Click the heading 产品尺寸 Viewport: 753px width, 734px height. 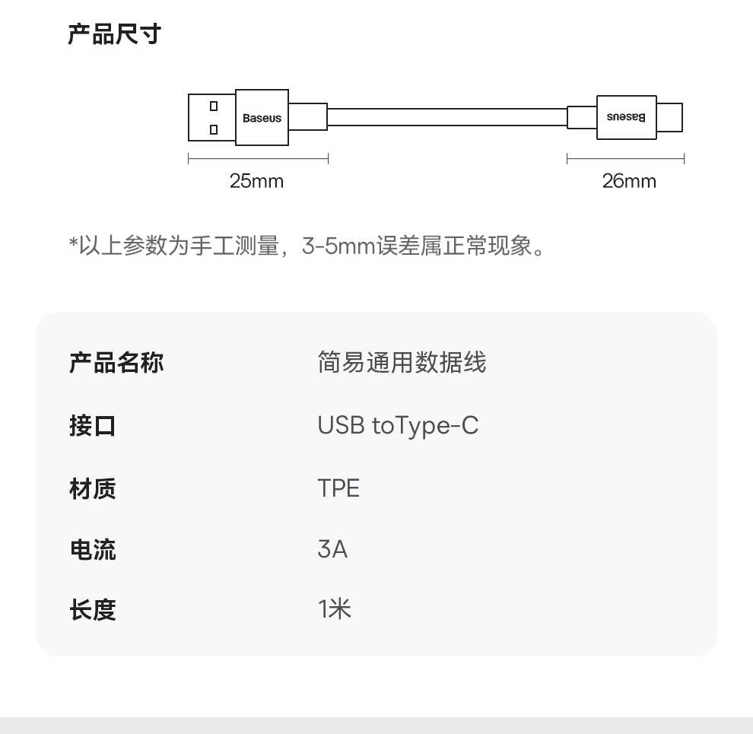click(x=114, y=35)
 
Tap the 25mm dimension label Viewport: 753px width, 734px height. click(x=256, y=181)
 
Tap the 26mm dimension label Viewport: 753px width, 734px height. click(x=628, y=181)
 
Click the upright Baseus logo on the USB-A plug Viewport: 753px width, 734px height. click(x=262, y=118)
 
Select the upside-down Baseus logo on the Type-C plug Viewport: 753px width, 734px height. click(x=626, y=117)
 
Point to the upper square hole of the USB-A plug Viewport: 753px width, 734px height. click(x=214, y=106)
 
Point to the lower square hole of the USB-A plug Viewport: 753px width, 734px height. click(x=214, y=129)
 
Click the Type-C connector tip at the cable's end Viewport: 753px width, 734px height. click(x=669, y=117)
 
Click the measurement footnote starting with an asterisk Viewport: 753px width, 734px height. click(x=307, y=246)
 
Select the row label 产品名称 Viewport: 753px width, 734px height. click(x=116, y=363)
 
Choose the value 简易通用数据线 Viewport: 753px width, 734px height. click(x=401, y=363)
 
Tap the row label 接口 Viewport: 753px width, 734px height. click(x=92, y=425)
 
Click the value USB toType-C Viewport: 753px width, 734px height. click(x=398, y=425)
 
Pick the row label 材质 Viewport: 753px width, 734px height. click(x=92, y=488)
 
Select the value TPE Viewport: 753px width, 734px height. click(x=338, y=488)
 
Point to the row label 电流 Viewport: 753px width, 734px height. click(x=92, y=549)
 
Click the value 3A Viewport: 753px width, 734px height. click(x=332, y=549)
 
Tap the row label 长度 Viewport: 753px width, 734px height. click(x=92, y=609)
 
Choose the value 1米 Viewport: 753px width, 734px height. click(x=335, y=609)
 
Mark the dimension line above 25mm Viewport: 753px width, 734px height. click(x=258, y=159)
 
